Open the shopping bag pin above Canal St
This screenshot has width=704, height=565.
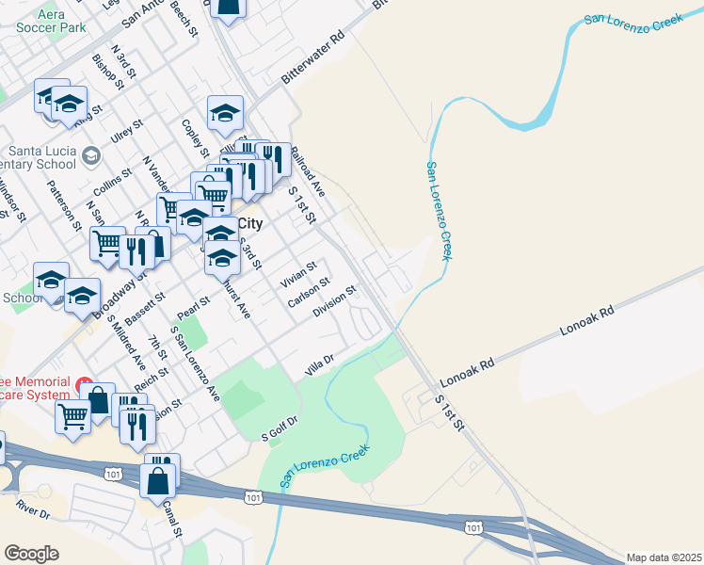[x=158, y=476]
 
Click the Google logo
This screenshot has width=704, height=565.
[x=31, y=554]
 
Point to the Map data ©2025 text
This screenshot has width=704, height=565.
[x=664, y=557]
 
